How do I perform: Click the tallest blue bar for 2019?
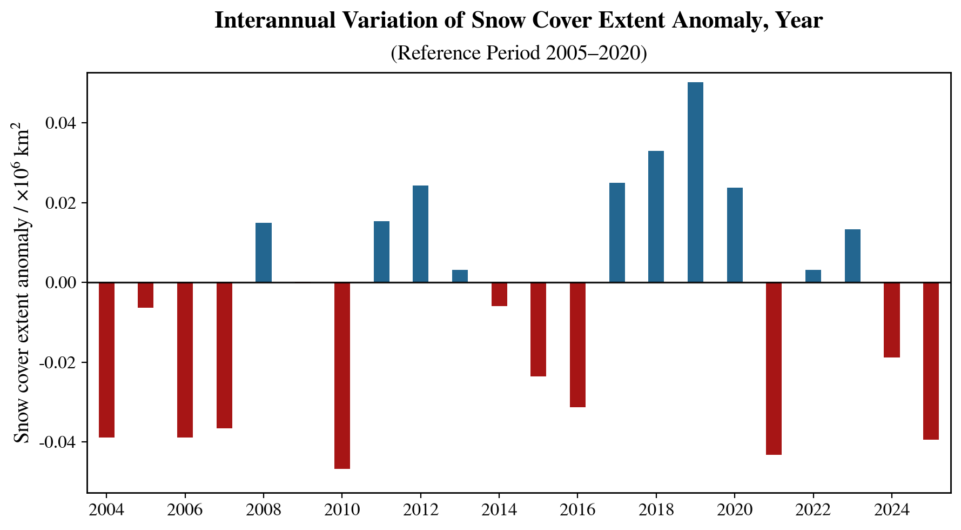pos(695,182)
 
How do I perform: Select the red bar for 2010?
pos(342,375)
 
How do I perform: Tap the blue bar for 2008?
pos(264,253)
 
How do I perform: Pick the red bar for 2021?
pos(774,368)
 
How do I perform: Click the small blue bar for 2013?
pos(460,276)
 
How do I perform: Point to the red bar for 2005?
pos(145,295)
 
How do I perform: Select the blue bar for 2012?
pos(420,234)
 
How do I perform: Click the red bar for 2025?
pos(931,361)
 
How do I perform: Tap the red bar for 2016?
pos(577,345)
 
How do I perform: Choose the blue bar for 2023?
pos(852,256)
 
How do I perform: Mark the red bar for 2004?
pos(106,360)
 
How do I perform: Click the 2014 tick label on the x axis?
pos(499,510)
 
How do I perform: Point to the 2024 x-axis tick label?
pos(891,510)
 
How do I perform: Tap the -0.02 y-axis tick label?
pos(57,362)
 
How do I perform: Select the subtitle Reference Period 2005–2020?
pos(519,53)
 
